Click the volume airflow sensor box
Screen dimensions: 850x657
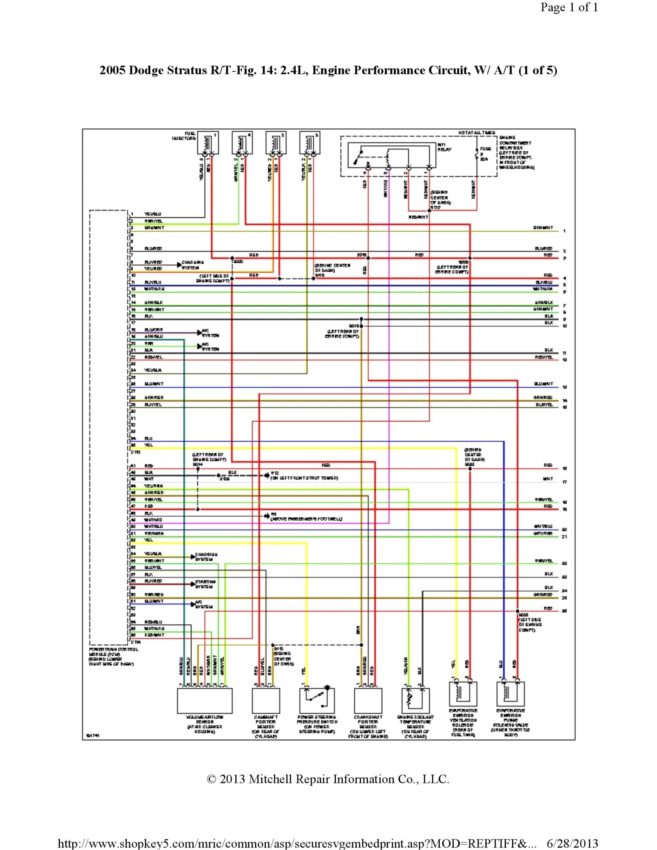(x=204, y=701)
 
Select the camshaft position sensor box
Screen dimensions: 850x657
(x=266, y=701)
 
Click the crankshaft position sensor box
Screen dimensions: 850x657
(x=368, y=701)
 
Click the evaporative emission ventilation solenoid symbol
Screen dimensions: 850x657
(x=463, y=694)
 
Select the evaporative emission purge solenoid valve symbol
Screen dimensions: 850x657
(x=510, y=694)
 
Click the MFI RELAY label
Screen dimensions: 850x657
(x=444, y=147)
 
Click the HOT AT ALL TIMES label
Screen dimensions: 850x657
(x=476, y=133)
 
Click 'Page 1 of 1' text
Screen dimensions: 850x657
(x=569, y=7)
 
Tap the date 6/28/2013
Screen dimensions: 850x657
(x=572, y=843)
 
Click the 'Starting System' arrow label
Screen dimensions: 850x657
(x=205, y=584)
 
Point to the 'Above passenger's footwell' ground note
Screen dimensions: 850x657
(x=306, y=519)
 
